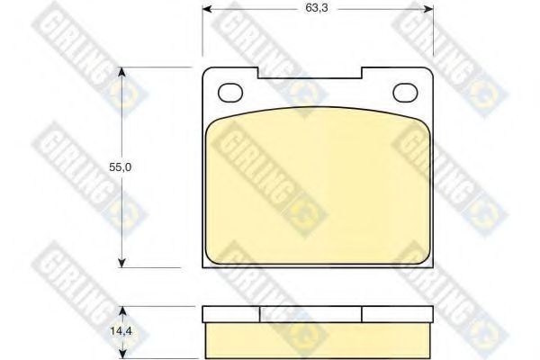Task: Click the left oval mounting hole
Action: pos(231,93)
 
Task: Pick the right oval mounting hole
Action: pos(406,92)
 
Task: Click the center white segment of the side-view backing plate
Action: pos(311,314)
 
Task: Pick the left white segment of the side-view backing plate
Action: pos(231,314)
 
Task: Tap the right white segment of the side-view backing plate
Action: pos(399,314)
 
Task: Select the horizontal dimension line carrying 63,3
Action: pos(261,8)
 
